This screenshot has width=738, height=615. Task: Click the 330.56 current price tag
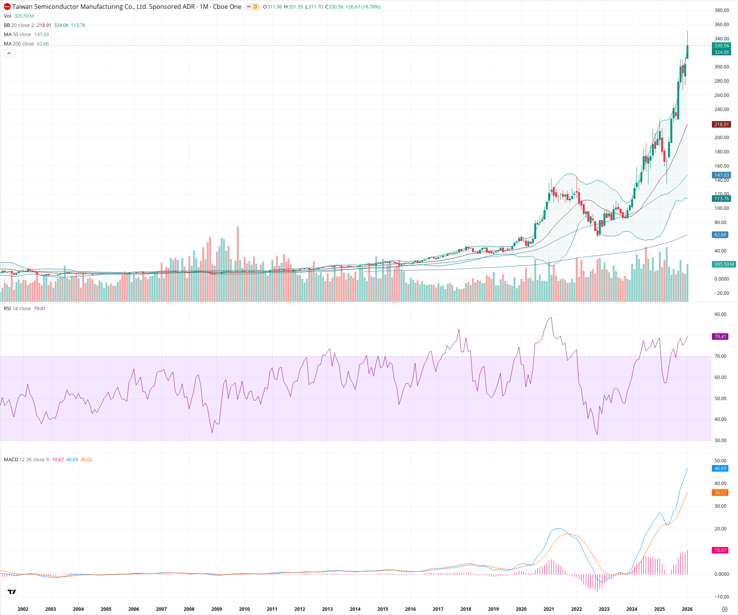click(721, 46)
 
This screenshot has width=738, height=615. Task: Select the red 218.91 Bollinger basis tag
click(721, 125)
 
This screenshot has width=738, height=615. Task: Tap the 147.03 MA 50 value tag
click(721, 175)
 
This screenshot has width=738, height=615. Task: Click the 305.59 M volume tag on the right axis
click(724, 264)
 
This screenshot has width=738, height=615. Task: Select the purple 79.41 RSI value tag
click(720, 337)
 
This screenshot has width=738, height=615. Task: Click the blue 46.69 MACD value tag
click(720, 469)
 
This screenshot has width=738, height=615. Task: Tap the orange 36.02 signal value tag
click(720, 493)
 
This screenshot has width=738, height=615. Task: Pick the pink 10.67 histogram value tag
click(720, 550)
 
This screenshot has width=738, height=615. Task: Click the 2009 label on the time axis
click(217, 609)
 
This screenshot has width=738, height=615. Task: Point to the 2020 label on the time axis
click(521, 609)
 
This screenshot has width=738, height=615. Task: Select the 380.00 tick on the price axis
click(721, 10)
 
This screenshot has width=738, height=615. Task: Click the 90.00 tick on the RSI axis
click(720, 314)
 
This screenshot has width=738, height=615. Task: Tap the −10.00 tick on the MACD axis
click(721, 597)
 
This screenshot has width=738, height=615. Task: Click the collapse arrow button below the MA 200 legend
click(9, 53)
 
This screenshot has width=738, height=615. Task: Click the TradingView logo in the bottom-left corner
click(12, 592)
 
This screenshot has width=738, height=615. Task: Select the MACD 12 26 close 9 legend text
click(27, 460)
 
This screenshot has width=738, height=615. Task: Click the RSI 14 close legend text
click(17, 309)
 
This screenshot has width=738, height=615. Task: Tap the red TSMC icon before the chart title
click(7, 7)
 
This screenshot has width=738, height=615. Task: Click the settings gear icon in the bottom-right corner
click(725, 609)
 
